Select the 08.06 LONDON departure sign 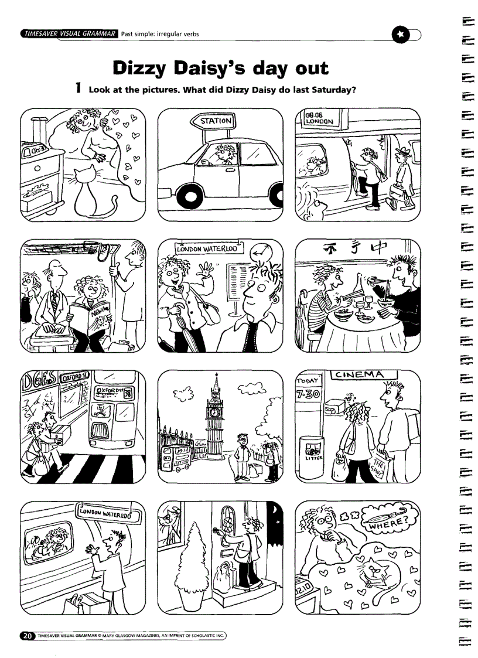click(319, 119)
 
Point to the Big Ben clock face click(216, 412)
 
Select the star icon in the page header click(400, 33)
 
